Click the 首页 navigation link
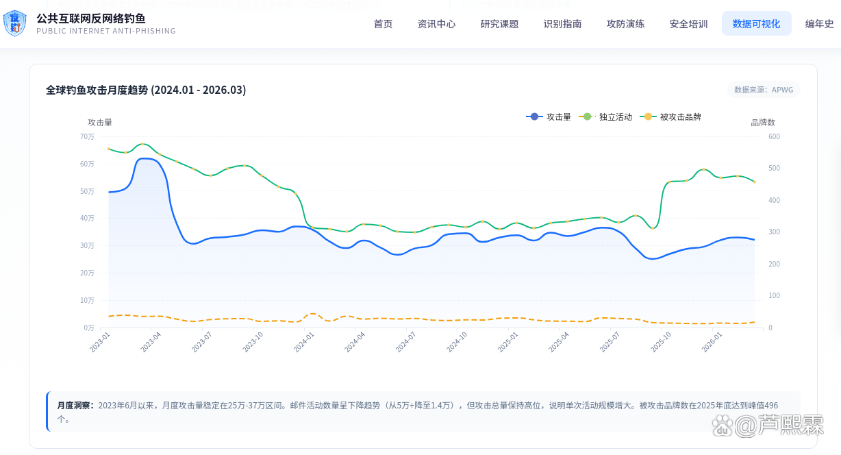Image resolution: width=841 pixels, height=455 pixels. point(383,24)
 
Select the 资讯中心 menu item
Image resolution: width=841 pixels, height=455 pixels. point(436,24)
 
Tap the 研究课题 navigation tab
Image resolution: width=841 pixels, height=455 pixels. point(499,24)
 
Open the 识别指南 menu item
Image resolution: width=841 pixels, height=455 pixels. point(562,24)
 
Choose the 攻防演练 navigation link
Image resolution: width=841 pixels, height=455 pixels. point(625,24)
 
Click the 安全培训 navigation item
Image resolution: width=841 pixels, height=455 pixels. point(688,24)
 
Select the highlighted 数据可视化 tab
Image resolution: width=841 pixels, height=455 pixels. point(756,24)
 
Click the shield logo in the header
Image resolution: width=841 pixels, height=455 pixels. point(14,23)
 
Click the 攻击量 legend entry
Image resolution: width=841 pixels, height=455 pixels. point(549,117)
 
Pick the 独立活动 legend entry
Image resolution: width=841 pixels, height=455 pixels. point(605,117)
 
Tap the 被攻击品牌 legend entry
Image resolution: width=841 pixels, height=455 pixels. point(670,117)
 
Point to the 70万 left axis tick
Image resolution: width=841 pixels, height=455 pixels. point(87,137)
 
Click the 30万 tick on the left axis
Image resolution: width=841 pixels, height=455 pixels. point(87,246)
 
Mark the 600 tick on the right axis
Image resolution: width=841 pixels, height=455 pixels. point(774,137)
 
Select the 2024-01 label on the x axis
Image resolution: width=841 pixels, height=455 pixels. point(304,342)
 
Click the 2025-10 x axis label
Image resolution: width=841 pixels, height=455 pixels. point(661,342)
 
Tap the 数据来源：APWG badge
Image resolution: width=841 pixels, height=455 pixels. point(764,90)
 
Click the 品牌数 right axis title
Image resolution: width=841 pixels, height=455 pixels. point(763,123)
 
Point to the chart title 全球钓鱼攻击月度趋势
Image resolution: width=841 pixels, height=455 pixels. point(97,90)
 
